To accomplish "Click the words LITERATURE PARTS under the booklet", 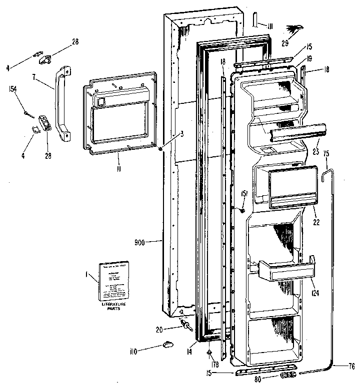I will (x=114, y=306).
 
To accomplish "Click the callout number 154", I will (x=12, y=89).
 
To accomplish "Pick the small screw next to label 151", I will (x=242, y=210).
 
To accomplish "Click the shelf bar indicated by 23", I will (x=296, y=132).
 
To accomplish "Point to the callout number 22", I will (x=316, y=221).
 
